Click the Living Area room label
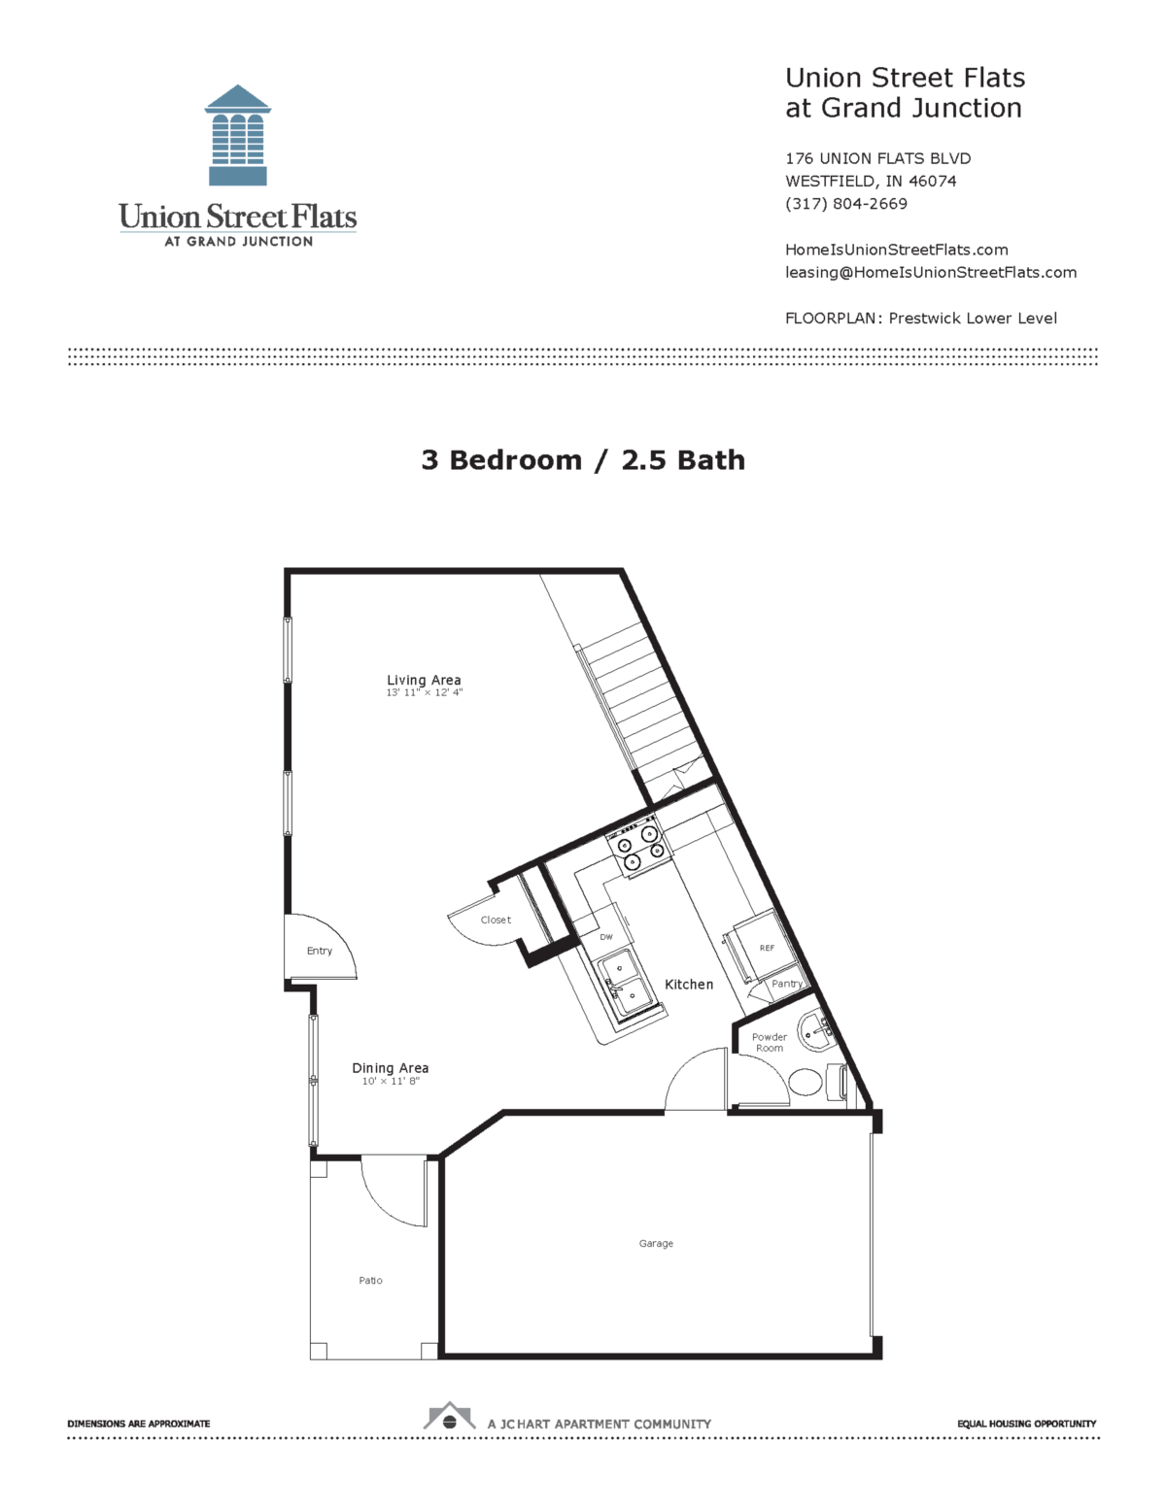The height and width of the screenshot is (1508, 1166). tap(424, 680)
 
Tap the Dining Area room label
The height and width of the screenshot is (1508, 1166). tap(390, 1067)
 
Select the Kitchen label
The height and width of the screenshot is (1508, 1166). tap(689, 984)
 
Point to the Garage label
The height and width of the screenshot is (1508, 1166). tap(656, 1243)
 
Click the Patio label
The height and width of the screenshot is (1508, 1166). tap(370, 1280)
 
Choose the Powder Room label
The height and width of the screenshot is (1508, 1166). tap(769, 1042)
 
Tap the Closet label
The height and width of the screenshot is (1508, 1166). tap(496, 920)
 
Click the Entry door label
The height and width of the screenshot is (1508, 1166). tap(319, 951)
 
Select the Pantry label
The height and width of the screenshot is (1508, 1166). tap(786, 984)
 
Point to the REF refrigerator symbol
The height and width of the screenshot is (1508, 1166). tap(766, 947)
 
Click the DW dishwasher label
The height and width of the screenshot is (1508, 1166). tap(606, 937)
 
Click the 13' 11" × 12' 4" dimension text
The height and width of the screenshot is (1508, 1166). tap(424, 693)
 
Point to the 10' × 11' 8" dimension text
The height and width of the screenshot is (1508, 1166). tap(391, 1081)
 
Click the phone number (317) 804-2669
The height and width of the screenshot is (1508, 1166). tap(845, 204)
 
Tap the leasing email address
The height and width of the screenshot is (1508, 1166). tap(930, 272)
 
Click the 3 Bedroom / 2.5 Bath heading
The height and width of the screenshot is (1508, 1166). tap(583, 460)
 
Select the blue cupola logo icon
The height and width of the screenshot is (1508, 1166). tap(237, 135)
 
